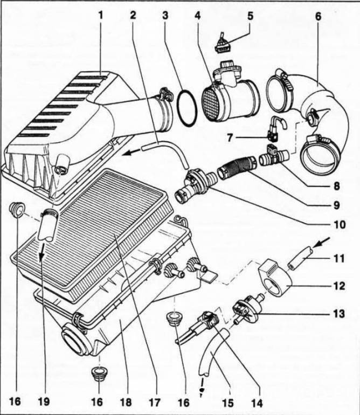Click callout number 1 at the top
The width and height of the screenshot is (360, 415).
pyautogui.click(x=101, y=15)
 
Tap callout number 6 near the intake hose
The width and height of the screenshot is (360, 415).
pyautogui.click(x=318, y=16)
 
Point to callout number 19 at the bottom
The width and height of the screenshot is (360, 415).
pyautogui.click(x=44, y=402)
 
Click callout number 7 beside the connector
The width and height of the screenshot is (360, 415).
pyautogui.click(x=231, y=138)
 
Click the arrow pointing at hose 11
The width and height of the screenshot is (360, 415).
pyautogui.click(x=321, y=243)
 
